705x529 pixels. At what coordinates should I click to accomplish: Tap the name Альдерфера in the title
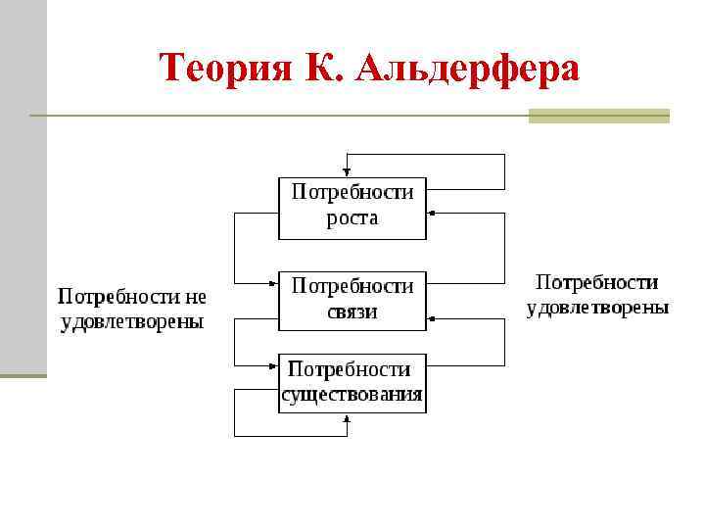[469, 69]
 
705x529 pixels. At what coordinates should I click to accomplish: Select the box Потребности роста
[352, 208]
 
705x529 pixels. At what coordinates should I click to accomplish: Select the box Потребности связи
[352, 301]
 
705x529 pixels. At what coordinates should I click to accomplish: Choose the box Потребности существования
[352, 383]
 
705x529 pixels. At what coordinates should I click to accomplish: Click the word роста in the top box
[352, 218]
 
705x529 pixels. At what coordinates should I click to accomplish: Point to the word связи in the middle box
[352, 313]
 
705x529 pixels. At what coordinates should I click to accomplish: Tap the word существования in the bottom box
[352, 396]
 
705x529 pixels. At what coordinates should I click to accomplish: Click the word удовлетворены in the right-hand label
[597, 308]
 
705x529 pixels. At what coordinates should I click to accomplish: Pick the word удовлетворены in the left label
[132, 321]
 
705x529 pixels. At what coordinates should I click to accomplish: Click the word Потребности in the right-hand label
[597, 283]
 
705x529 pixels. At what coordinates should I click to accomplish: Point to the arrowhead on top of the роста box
[347, 172]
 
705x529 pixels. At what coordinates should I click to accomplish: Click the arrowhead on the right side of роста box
[431, 212]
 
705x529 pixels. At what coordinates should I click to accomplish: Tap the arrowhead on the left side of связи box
[274, 284]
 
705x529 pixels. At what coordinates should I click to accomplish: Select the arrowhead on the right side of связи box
[431, 319]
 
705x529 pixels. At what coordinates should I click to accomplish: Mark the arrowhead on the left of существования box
[274, 366]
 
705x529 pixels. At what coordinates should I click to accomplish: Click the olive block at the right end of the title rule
[598, 116]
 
